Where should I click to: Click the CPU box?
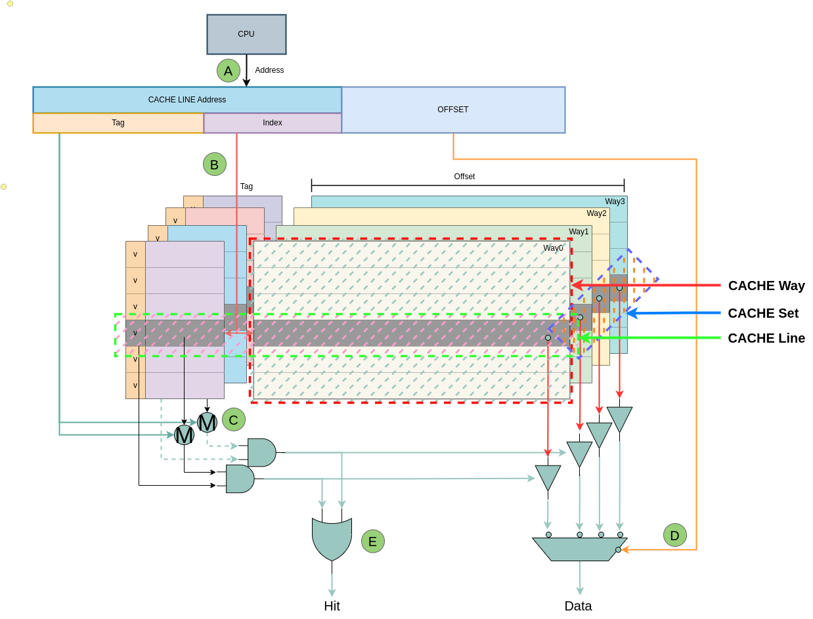[x=246, y=34]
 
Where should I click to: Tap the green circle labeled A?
[x=229, y=71]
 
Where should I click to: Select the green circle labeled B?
[x=215, y=164]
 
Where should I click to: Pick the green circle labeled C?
[x=234, y=419]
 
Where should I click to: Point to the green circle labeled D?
[x=675, y=535]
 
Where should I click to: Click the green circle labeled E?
[x=373, y=542]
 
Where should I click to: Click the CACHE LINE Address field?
[x=187, y=100]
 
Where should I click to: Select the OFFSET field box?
[x=453, y=110]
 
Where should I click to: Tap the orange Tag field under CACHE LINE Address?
[x=118, y=123]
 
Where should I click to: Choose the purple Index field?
[x=273, y=123]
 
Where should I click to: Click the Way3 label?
[x=615, y=202]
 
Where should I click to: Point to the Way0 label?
[x=553, y=248]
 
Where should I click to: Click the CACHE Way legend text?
[x=766, y=286]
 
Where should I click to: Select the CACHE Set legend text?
[x=763, y=313]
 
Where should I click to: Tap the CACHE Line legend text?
[x=766, y=338]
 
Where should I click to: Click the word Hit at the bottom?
[x=332, y=606]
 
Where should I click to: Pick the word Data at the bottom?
[x=578, y=606]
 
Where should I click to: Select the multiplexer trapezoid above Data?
[x=579, y=549]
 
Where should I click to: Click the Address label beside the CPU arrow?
[x=269, y=70]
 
